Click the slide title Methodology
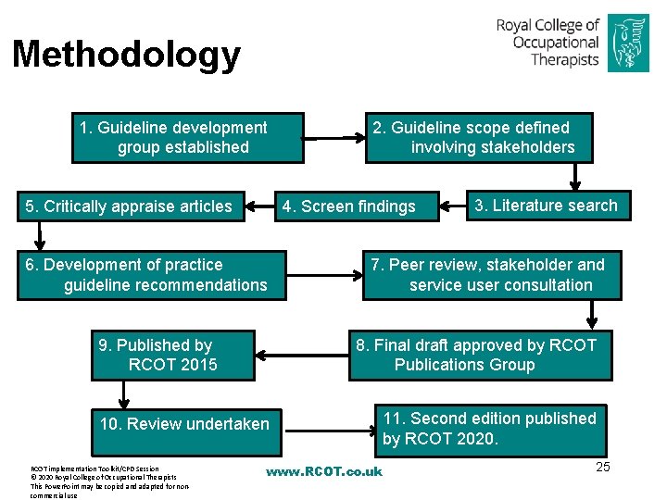[x=126, y=55]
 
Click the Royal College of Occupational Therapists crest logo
[x=627, y=42]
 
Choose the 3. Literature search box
[x=546, y=206]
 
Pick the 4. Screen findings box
[x=355, y=206]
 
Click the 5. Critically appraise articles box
[x=131, y=206]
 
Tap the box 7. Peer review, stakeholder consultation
[x=491, y=275]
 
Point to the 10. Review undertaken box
[x=184, y=424]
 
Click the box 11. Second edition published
[x=490, y=429]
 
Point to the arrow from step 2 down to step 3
[x=580, y=176]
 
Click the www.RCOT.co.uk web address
[x=323, y=471]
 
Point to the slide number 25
[x=602, y=467]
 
